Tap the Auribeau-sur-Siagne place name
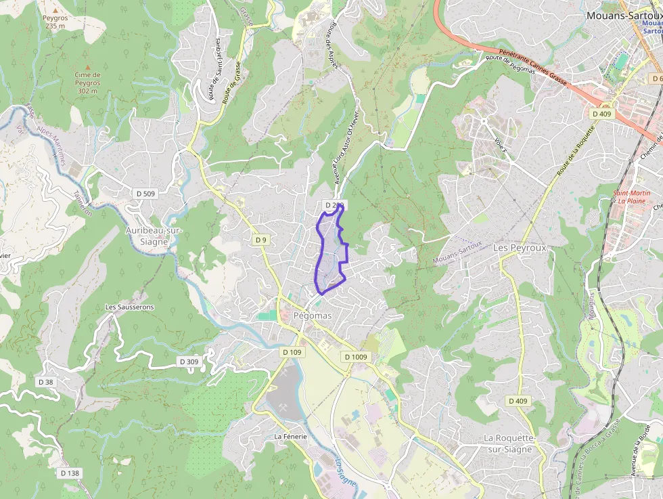pos(154,235)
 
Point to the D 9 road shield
pos(261,240)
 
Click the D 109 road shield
pos(292,352)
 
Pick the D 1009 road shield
pos(355,357)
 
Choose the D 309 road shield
pos(190,362)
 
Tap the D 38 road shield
pos(45,382)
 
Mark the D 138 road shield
pos(70,473)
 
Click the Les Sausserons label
pos(129,307)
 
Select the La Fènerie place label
pos(290,437)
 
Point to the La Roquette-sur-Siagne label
pos(509,443)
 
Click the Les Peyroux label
pos(519,248)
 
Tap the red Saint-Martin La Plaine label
pos(632,197)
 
